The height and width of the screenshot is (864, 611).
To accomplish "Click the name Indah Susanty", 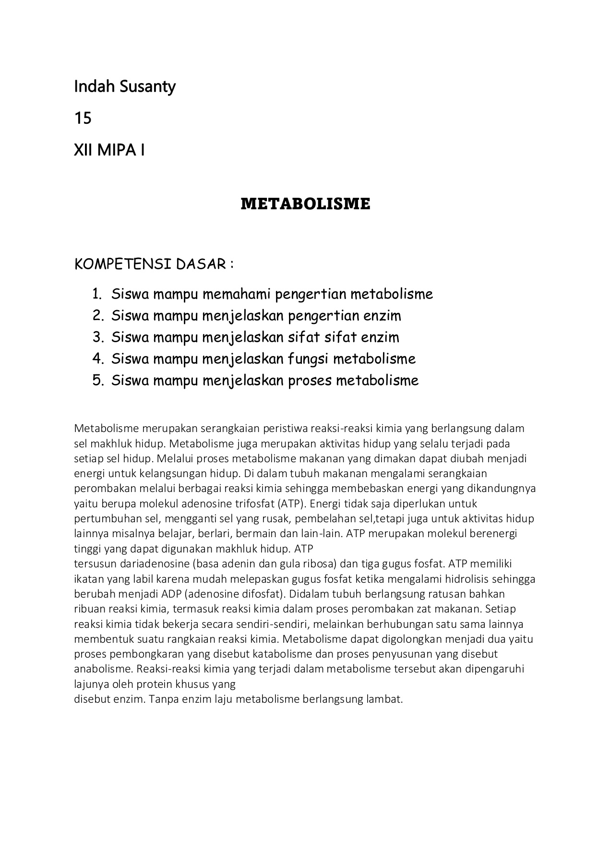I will tap(125, 87).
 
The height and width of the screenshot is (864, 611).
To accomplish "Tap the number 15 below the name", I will tap(83, 119).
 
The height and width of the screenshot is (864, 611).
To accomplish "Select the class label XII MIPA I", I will tap(109, 150).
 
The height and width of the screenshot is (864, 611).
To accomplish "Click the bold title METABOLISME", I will tap(305, 204).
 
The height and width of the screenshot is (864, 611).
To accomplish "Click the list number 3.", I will tap(98, 337).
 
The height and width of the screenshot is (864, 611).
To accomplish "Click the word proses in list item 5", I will tap(310, 381).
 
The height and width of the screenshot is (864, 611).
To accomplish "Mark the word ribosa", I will tap(317, 564).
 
